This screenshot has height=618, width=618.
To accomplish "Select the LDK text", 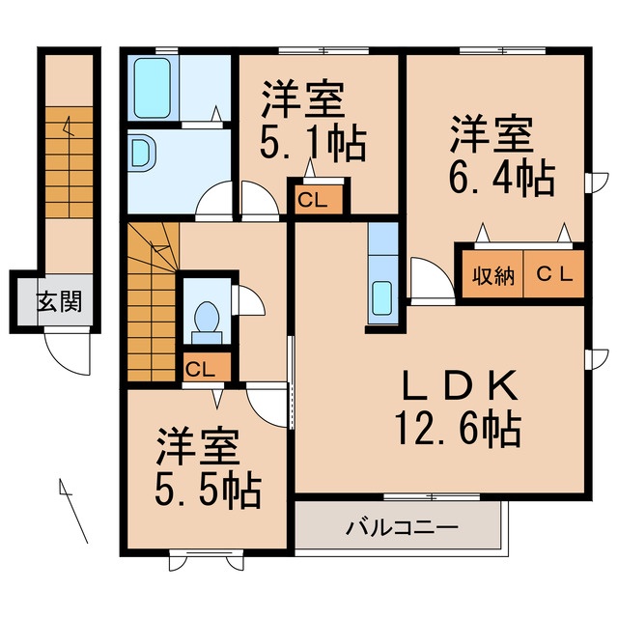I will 461,387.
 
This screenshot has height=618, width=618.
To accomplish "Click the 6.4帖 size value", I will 499,177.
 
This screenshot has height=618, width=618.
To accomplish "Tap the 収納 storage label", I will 490,275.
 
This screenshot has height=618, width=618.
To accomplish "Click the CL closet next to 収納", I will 554,275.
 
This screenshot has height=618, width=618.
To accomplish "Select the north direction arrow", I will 73,509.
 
